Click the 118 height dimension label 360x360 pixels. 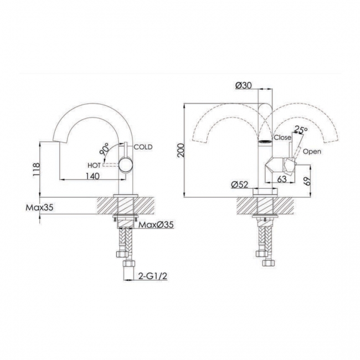pos(36,169)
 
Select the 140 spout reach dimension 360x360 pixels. pos(92,176)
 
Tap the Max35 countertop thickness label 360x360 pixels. pos(39,208)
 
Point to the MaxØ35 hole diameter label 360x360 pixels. pos(156,225)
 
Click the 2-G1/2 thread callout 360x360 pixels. pos(153,276)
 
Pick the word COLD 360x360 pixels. pos(143,147)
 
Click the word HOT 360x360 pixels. pos(94,165)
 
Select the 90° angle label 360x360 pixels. pos(105,148)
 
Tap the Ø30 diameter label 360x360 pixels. pos(243,85)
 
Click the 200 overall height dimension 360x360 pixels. pos(181,150)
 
